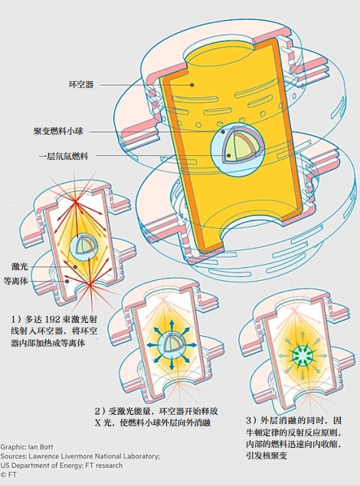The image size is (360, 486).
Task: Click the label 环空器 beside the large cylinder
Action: point(81,84)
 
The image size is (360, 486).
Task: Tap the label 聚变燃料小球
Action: point(58,131)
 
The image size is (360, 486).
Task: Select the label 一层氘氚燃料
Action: point(64,156)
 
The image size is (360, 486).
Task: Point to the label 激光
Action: point(20,266)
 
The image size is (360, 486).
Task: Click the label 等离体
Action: point(16,281)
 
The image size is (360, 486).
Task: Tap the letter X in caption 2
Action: point(98,422)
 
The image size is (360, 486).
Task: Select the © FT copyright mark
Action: point(8,475)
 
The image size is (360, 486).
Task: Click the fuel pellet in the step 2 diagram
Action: point(172,344)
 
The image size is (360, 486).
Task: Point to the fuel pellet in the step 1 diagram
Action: point(83,246)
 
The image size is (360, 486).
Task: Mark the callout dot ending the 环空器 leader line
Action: point(192,85)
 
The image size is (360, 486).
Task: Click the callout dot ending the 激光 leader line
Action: point(75,266)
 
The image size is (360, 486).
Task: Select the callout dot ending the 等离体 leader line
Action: point(67,281)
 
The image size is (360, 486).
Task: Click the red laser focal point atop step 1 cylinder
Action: point(75,202)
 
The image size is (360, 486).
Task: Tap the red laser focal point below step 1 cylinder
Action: point(90,284)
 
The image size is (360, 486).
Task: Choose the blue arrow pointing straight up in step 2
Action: point(172,326)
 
